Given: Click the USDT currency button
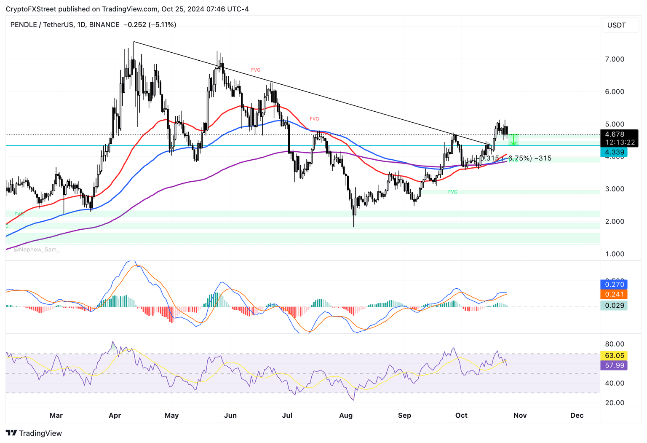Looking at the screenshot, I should tap(616, 25).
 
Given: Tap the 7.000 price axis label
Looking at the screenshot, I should tap(615, 59).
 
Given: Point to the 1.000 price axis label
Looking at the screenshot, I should tap(615, 254).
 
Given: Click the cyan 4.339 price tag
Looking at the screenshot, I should tap(614, 152).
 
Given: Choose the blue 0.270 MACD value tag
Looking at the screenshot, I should tap(614, 285).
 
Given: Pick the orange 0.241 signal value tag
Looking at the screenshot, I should tap(614, 294).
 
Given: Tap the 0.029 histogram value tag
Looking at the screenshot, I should tap(614, 305).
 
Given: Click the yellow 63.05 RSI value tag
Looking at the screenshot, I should tap(614, 355).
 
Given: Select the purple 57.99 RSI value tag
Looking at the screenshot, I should tap(614, 365).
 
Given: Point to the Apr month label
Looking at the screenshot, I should tap(115, 415).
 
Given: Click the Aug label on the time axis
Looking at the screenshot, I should tap(346, 415).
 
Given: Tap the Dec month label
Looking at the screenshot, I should tap(577, 415).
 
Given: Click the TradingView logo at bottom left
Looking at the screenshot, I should tap(34, 433).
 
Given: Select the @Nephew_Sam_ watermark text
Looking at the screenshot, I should tap(37, 250).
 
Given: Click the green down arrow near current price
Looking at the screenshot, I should tap(514, 141).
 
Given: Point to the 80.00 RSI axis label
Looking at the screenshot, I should tap(615, 344).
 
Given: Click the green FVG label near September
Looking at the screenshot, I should tap(452, 192).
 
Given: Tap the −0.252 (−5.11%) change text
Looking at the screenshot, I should tap(150, 25).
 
